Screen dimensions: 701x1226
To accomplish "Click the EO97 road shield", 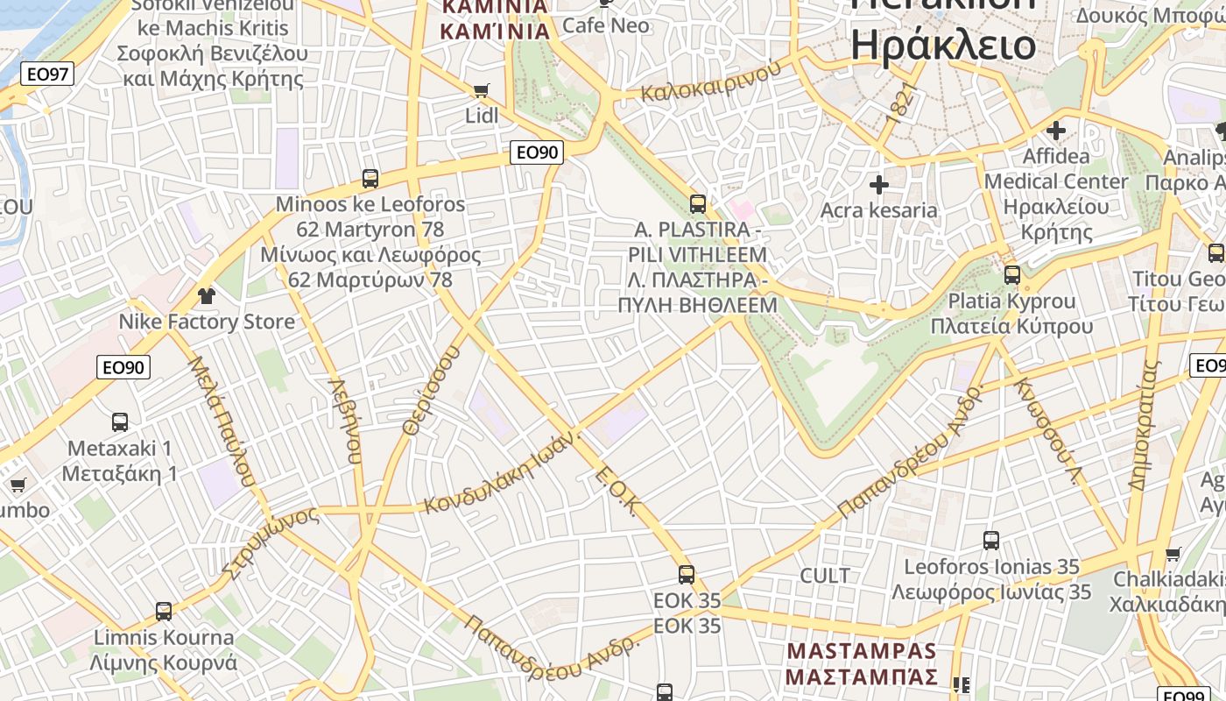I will pos(47,74).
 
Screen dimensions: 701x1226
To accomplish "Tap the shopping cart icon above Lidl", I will pos(481,90).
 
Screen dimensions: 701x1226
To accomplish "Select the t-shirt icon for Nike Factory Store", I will pos(206,295).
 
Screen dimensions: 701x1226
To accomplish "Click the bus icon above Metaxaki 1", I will pos(120,422).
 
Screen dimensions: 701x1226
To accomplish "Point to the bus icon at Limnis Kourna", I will pos(164,611).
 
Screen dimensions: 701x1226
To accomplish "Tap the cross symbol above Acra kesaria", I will pos(878,185).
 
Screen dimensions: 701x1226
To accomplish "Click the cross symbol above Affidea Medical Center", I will pos(1056,131).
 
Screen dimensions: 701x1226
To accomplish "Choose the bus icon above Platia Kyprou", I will pos(1012,274).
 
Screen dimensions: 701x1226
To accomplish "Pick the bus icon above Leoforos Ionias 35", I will pos(991,541).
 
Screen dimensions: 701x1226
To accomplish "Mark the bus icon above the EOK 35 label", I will pos(687,575).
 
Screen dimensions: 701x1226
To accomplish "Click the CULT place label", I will pos(825,576).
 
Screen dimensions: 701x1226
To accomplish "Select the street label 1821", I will pos(898,103).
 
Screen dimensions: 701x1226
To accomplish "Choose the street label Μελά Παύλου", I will pos(222,421).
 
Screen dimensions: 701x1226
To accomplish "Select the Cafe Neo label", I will pos(606,25).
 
